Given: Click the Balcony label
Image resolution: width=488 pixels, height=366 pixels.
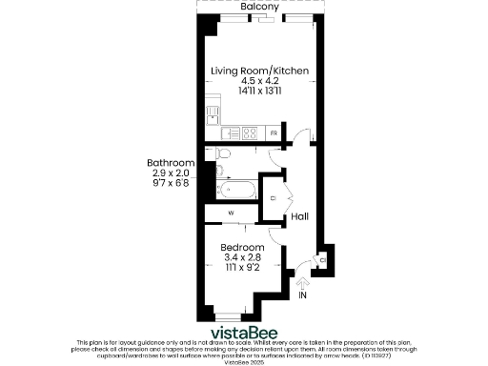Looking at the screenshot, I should pos(259,7).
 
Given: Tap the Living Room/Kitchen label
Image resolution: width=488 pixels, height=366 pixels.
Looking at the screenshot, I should pos(259,71).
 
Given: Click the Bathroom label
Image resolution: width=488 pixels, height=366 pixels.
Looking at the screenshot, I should pos(171,162).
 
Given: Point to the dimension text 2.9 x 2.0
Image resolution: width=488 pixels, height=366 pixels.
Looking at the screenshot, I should pos(171,173).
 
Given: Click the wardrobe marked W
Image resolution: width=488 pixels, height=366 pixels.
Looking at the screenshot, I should pos(231,213).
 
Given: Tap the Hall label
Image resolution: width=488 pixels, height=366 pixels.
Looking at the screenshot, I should pos(299,216).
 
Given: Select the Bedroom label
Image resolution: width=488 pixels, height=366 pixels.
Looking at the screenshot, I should pos(241,246).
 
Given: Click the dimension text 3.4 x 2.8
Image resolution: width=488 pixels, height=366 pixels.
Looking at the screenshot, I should pos(241,256).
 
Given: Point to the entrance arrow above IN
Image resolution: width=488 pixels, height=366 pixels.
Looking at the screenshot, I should pos(303,282).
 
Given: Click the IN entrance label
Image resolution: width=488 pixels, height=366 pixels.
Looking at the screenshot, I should pos(303,297).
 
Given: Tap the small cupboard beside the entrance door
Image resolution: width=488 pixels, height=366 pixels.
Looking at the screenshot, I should pos(323,259).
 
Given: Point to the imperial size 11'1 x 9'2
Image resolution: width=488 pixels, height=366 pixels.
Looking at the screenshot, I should pos(241,268).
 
